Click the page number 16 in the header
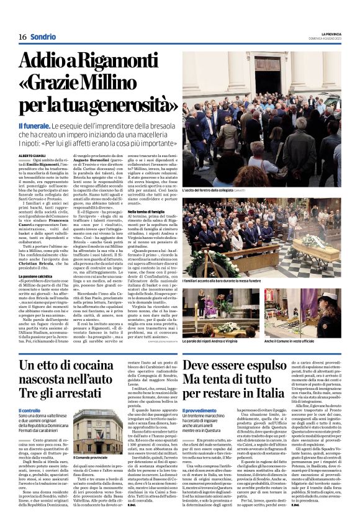click(22, 37)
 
